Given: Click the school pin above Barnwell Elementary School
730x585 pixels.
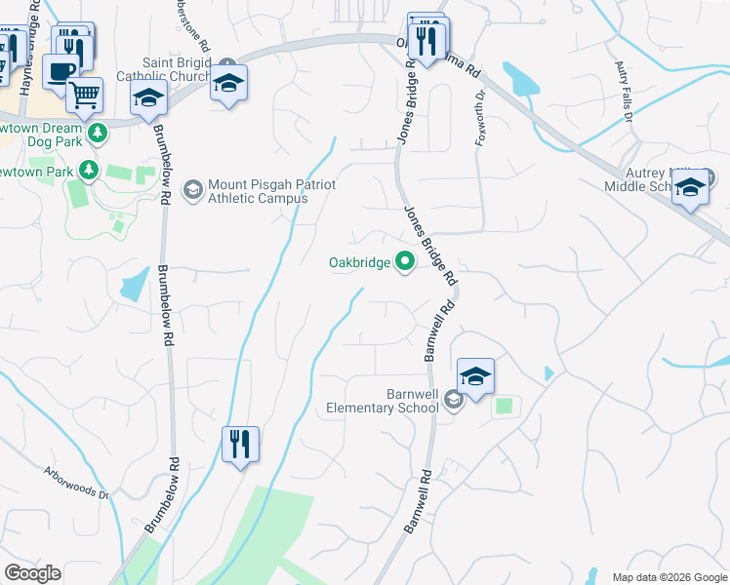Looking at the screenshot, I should coord(475,376).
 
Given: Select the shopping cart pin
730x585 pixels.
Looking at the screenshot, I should coord(85,95).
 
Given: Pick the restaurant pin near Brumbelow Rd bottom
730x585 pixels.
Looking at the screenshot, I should coord(239,444).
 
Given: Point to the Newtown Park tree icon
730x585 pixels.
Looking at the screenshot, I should coord(89,171).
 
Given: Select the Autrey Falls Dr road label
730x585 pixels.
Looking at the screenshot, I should coord(624,91).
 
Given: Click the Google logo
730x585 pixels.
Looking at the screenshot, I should coord(32,573).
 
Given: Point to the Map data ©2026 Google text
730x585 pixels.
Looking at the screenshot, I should coord(669,576).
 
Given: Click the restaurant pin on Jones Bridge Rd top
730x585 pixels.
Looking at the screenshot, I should coord(427,41).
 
